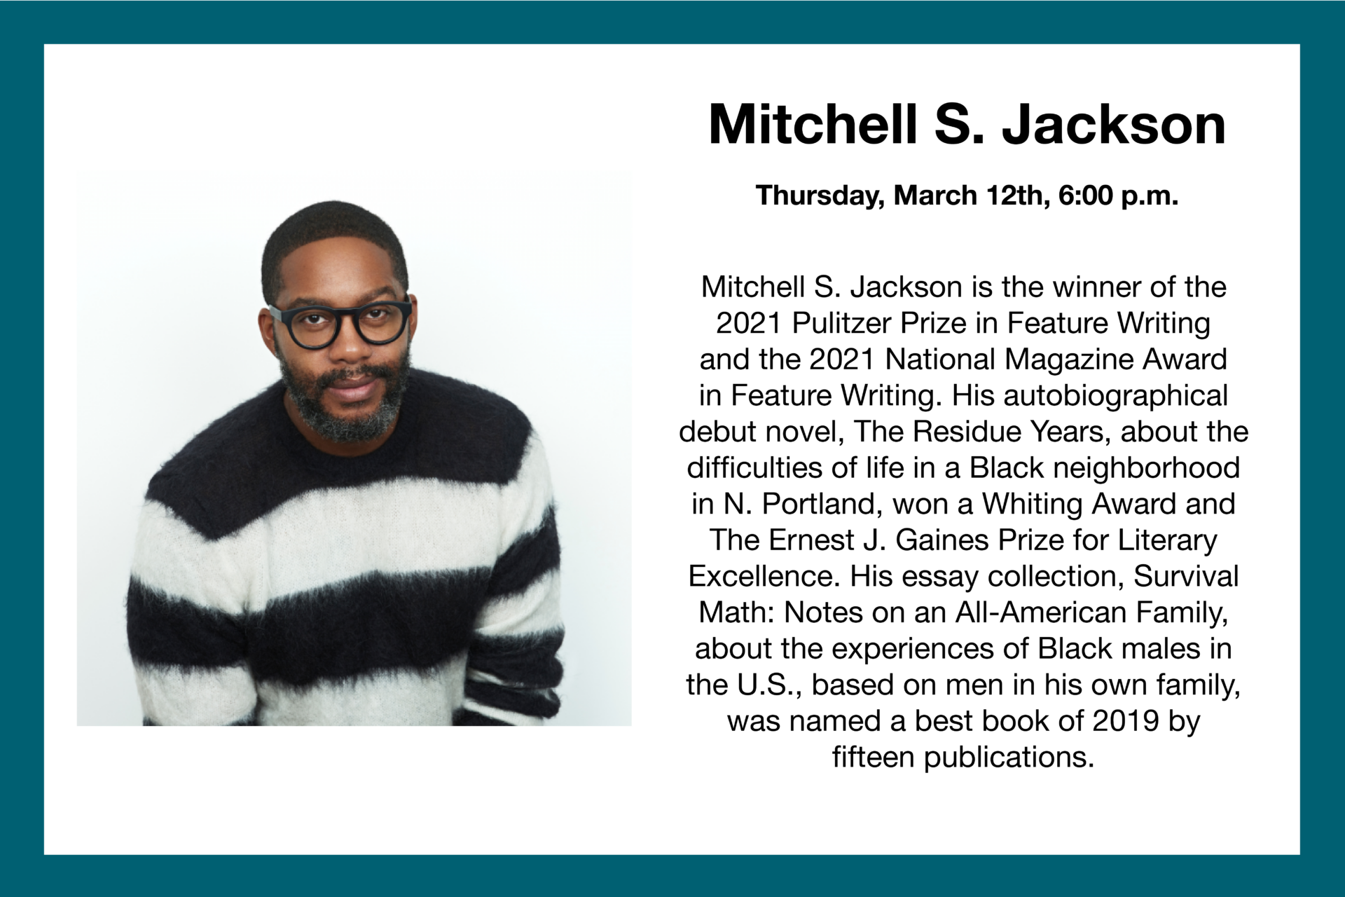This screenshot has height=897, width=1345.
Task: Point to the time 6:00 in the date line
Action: coord(1087,196)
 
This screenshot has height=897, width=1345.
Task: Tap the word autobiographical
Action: coord(1116,396)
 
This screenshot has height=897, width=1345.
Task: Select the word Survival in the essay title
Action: coord(1186,577)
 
